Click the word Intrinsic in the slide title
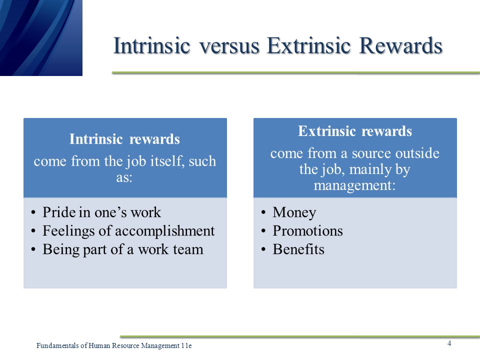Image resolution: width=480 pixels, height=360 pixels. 152,45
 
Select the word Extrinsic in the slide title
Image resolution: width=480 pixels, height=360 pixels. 308,45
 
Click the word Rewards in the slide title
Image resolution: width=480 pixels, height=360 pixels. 400,45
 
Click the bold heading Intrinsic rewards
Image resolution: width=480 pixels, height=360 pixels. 124,139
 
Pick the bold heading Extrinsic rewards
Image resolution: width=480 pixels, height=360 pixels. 355,131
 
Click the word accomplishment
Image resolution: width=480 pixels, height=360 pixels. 164,231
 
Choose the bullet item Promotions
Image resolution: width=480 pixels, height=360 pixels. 307,231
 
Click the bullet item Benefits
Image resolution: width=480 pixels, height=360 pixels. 298,249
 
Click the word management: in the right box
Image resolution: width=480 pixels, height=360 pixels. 355,185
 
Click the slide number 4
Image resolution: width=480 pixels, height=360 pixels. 449,343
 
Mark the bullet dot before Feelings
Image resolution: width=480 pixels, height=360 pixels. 33,231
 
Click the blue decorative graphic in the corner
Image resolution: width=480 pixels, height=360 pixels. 41,37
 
